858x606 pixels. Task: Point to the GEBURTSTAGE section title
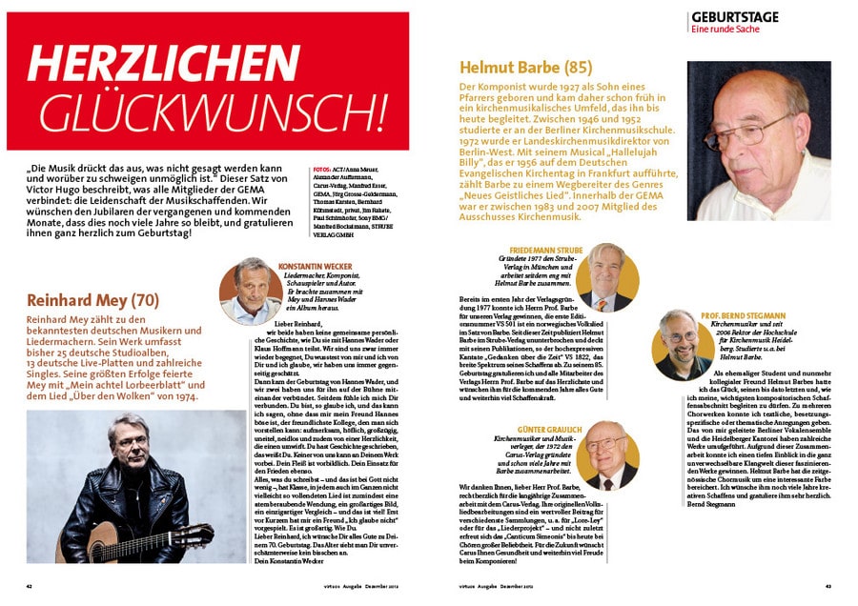click(x=734, y=17)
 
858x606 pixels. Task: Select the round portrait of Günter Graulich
click(x=605, y=454)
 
